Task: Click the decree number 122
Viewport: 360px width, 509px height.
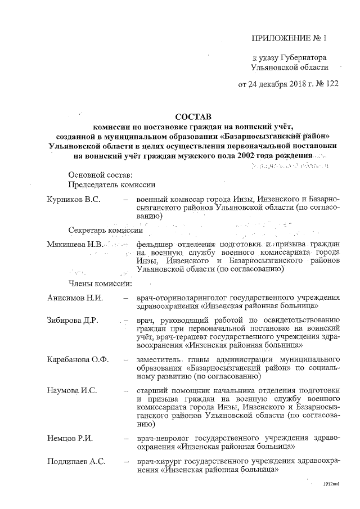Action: tap(319, 85)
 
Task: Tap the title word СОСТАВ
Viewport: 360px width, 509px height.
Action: tap(192, 117)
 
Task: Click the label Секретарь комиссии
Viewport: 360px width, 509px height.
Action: tap(105, 231)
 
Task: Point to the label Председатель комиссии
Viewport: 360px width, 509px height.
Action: tap(112, 184)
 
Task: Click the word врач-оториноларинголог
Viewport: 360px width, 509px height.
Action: tap(181, 297)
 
